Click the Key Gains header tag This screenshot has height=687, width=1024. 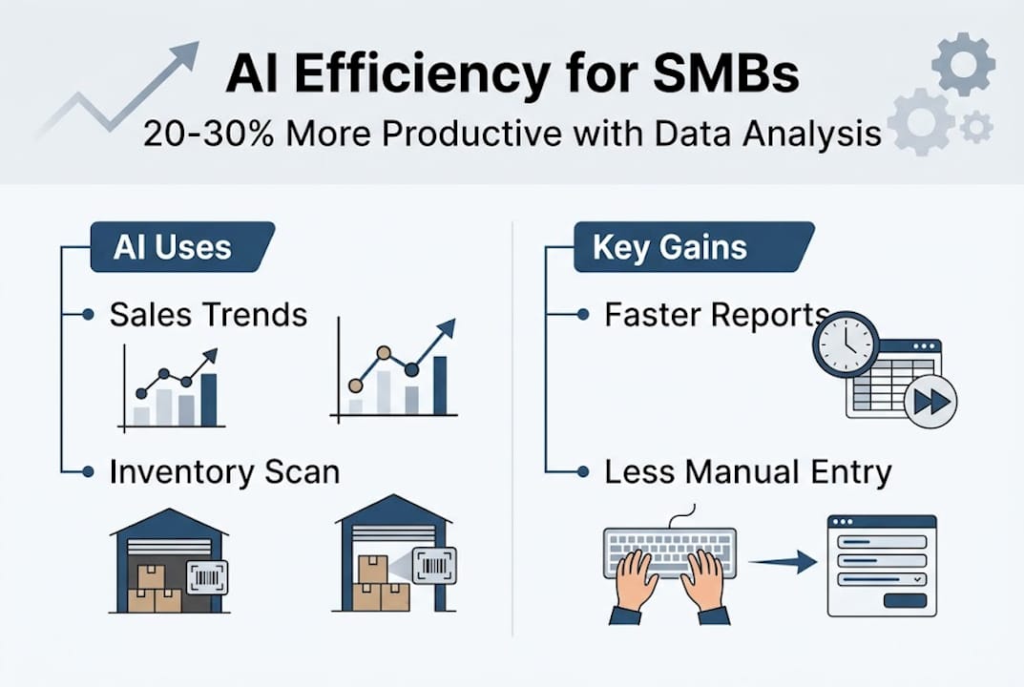point(669,248)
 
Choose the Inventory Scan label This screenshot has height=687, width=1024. point(224,471)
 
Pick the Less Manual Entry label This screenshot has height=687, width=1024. point(747,471)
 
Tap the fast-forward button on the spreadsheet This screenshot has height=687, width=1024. point(930,402)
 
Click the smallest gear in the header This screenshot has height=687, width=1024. point(976,127)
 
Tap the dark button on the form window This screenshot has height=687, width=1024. point(905,600)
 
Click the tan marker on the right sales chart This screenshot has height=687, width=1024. point(384,353)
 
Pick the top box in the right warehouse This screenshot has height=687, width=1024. point(372,569)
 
